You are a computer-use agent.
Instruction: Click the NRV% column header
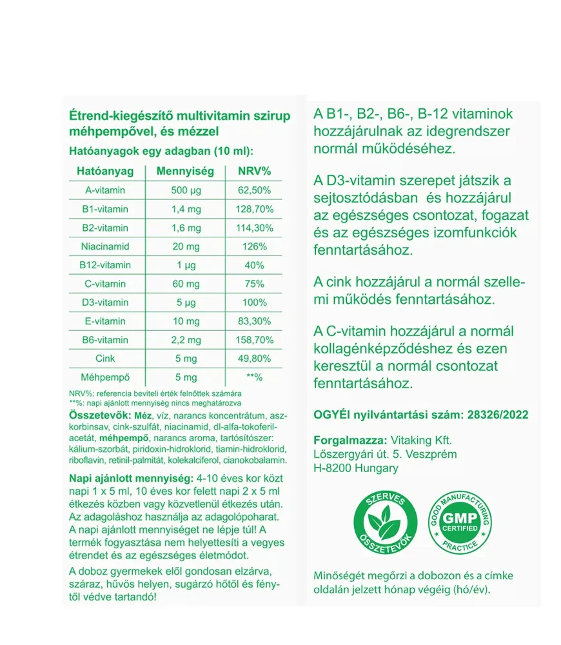click(x=254, y=172)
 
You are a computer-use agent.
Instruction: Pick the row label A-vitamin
click(x=105, y=190)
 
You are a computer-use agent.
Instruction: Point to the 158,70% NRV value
click(x=254, y=340)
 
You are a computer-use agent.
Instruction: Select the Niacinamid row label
click(x=105, y=246)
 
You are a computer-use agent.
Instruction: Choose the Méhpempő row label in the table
click(x=105, y=377)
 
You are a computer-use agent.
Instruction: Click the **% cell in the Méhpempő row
click(x=254, y=377)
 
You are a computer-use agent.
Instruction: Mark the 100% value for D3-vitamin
click(x=254, y=303)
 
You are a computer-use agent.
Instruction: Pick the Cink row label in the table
click(x=105, y=359)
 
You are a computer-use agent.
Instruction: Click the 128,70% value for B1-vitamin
click(x=254, y=209)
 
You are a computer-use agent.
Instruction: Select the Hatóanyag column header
click(x=105, y=172)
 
